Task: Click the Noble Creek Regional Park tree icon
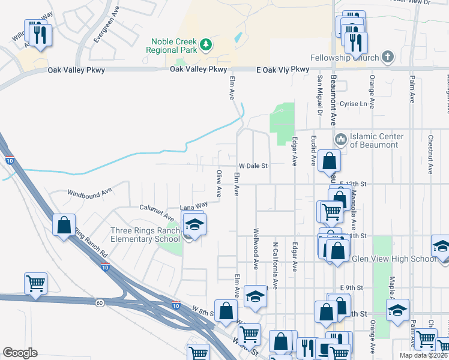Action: click(x=206, y=44)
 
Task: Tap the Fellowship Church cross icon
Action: click(x=388, y=58)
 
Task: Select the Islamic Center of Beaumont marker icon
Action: click(x=341, y=140)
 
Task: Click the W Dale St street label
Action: click(x=253, y=166)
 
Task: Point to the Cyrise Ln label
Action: click(x=353, y=104)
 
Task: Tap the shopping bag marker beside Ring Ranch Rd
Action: click(x=64, y=226)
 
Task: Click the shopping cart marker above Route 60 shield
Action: click(x=35, y=283)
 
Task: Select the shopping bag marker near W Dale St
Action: click(x=329, y=161)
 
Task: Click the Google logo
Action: click(x=20, y=353)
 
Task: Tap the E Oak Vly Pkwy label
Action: click(x=282, y=70)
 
